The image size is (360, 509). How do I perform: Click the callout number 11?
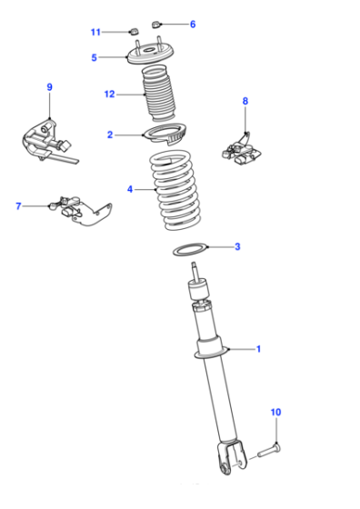(95, 32)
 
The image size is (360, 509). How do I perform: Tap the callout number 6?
(193, 24)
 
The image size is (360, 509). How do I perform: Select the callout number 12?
(109, 95)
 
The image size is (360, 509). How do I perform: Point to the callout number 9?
(49, 87)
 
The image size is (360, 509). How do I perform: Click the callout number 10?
(275, 412)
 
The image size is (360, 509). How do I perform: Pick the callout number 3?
(237, 246)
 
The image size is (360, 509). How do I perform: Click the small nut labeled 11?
(134, 32)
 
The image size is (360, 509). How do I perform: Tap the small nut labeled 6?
(155, 25)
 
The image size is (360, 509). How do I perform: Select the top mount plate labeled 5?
(150, 55)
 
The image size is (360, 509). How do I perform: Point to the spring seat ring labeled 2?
(165, 134)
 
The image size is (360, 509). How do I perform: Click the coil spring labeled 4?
(175, 190)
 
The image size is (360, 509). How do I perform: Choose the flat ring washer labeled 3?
(190, 249)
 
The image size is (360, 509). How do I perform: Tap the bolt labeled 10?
(269, 450)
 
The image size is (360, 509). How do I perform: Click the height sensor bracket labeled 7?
(81, 211)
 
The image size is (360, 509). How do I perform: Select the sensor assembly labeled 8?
(242, 151)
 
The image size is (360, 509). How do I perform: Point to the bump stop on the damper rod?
(197, 290)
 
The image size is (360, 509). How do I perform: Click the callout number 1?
(258, 349)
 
